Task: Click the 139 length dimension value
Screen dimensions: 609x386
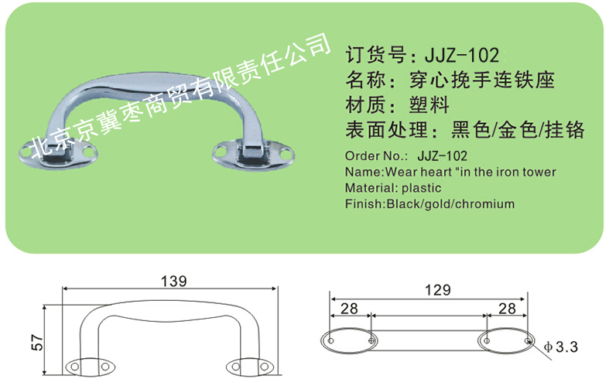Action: (x=173, y=281)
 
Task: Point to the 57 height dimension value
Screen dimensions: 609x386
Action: (x=38, y=342)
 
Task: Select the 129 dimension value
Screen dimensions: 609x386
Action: (x=438, y=290)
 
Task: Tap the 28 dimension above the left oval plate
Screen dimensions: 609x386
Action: (x=349, y=309)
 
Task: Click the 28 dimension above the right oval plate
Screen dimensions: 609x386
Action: (x=507, y=309)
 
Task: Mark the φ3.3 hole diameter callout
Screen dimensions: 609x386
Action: (x=561, y=347)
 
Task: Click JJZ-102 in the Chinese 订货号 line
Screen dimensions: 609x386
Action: (x=462, y=56)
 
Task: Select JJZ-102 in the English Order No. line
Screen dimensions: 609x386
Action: (x=442, y=156)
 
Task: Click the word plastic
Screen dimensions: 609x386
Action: (x=422, y=188)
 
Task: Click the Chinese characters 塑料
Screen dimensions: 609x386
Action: (x=429, y=105)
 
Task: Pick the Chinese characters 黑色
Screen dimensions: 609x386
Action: (x=470, y=130)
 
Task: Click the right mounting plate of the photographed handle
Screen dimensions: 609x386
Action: (x=253, y=155)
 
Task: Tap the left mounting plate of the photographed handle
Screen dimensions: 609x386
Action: (x=58, y=155)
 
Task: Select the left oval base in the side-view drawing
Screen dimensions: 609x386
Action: (x=90, y=367)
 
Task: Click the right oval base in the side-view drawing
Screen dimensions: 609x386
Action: (x=247, y=367)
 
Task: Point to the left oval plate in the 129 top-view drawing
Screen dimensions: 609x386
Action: (x=349, y=341)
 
